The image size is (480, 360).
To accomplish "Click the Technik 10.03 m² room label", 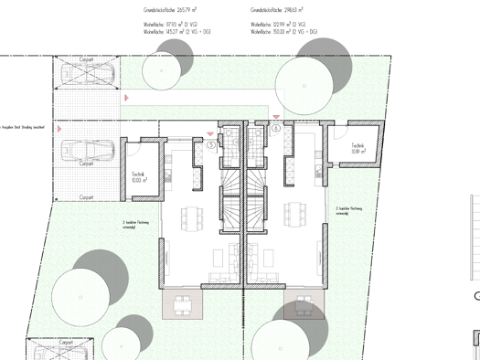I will pos(139,177).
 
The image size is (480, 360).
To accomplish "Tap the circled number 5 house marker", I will pos(211,144).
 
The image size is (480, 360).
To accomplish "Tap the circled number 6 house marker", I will pos(276,129).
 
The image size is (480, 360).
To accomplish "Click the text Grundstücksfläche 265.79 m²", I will pos(170,10).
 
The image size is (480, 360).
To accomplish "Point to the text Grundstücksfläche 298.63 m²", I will pos(277,10).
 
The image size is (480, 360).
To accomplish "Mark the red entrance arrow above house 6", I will pos(276,118).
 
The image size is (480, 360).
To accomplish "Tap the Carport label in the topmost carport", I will pos(86,58).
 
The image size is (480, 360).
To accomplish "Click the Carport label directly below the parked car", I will pos(86,164).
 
